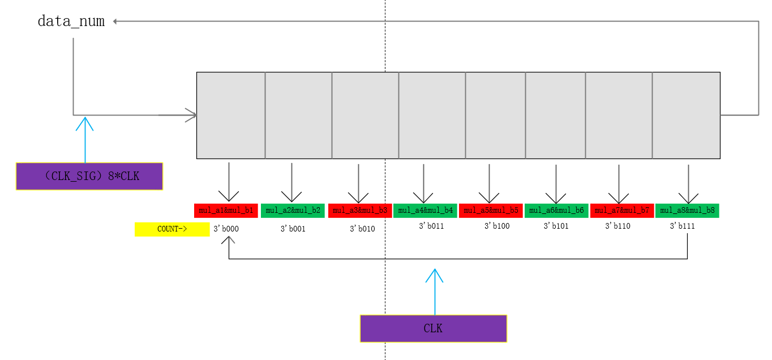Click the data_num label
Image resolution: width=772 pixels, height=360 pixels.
click(71, 22)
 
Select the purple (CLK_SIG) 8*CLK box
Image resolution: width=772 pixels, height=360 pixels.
click(89, 176)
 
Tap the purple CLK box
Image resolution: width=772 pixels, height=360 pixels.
click(434, 328)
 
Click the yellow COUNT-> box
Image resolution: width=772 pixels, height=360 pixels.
click(172, 229)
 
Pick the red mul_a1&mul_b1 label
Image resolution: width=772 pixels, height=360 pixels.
click(226, 211)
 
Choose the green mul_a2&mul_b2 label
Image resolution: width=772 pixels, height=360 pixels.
click(293, 211)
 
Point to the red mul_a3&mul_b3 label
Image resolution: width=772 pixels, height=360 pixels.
click(360, 211)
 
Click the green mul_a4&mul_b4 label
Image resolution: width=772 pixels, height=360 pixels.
click(426, 211)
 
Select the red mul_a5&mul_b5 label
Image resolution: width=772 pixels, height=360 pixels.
click(491, 211)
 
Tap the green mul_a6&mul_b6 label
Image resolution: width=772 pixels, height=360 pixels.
click(556, 211)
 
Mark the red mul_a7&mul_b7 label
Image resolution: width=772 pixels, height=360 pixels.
click(621, 211)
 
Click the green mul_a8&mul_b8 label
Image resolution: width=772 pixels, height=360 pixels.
click(687, 211)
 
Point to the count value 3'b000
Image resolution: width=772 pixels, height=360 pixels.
click(226, 229)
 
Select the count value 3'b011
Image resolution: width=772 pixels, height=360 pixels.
click(431, 226)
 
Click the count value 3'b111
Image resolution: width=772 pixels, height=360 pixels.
click(683, 226)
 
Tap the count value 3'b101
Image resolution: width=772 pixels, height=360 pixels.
click(556, 226)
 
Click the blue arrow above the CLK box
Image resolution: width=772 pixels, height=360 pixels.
click(435, 291)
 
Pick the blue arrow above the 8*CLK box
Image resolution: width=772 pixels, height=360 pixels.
click(85, 139)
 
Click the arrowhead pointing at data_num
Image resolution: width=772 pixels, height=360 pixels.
click(115, 22)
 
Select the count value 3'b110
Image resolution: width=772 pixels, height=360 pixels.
click(617, 226)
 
